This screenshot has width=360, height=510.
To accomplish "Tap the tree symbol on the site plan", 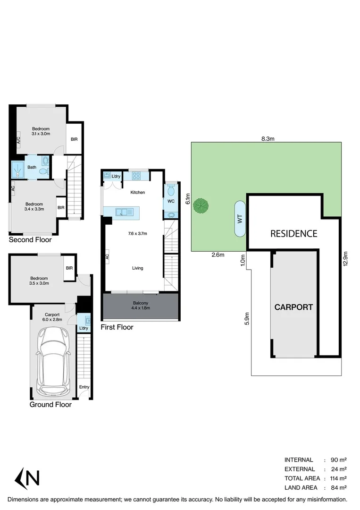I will click(x=203, y=206).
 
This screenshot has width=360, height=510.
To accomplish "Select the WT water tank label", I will click(x=240, y=219).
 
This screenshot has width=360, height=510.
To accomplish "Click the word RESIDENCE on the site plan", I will click(x=293, y=233).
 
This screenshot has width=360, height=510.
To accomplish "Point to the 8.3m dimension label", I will click(x=268, y=138).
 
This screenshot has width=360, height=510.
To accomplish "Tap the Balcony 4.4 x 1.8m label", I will click(x=140, y=306).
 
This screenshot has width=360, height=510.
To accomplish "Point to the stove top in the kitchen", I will click(x=136, y=176).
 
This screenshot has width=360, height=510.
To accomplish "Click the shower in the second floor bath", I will click(x=18, y=169).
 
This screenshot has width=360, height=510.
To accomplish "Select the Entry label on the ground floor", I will click(x=84, y=387).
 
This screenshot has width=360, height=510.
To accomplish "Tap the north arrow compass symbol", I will click(x=27, y=478).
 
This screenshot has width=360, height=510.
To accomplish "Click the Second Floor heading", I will click(x=30, y=240).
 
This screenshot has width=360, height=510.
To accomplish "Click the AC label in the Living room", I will click(x=107, y=257).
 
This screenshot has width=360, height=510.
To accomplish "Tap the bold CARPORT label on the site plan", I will click(x=293, y=307).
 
